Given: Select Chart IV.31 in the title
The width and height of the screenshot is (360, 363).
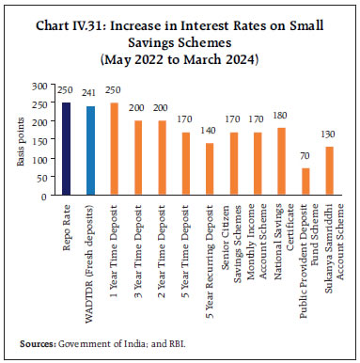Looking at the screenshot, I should [84, 13].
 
